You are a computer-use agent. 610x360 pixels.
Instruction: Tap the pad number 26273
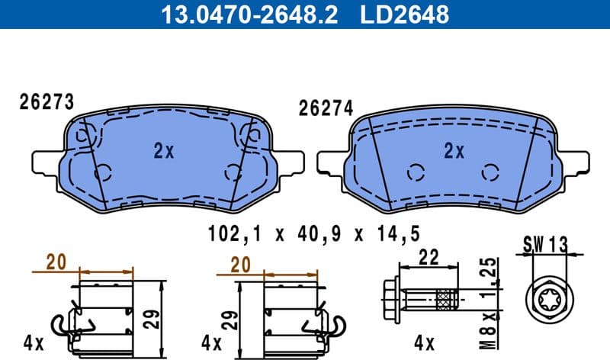point(46,102)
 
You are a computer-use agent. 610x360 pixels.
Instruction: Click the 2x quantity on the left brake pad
point(163,151)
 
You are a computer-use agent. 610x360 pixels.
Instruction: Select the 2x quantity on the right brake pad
point(454,151)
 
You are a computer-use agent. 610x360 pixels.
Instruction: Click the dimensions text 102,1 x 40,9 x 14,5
point(313,234)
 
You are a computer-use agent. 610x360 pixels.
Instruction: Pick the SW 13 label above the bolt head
point(546,244)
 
